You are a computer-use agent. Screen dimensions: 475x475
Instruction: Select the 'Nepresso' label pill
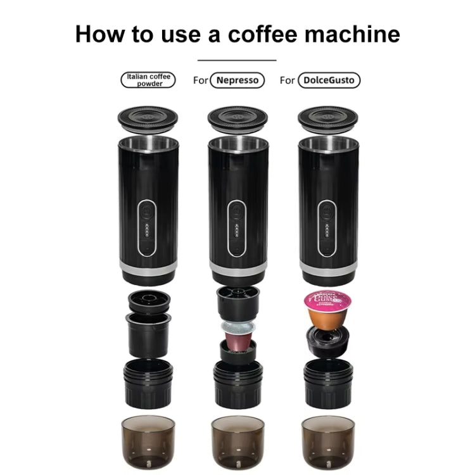pyautogui.click(x=237, y=80)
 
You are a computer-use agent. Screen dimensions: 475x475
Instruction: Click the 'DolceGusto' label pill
pyautogui.click(x=329, y=80)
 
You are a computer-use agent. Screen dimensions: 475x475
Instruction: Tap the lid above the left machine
pyautogui.click(x=148, y=118)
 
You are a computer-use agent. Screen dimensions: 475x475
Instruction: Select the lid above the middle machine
pyautogui.click(x=237, y=118)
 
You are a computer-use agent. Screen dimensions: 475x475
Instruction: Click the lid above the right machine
pyautogui.click(x=328, y=118)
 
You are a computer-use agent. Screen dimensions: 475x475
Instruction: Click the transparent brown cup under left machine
pyautogui.click(x=148, y=441)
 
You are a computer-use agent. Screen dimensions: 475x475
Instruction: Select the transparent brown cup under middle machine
pyautogui.click(x=237, y=441)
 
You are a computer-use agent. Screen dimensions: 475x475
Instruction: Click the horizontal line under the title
pyautogui.click(x=237, y=60)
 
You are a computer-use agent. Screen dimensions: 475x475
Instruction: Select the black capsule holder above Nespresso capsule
pyautogui.click(x=237, y=302)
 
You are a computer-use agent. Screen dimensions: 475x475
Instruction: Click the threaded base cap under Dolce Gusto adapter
pyautogui.click(x=328, y=384)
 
